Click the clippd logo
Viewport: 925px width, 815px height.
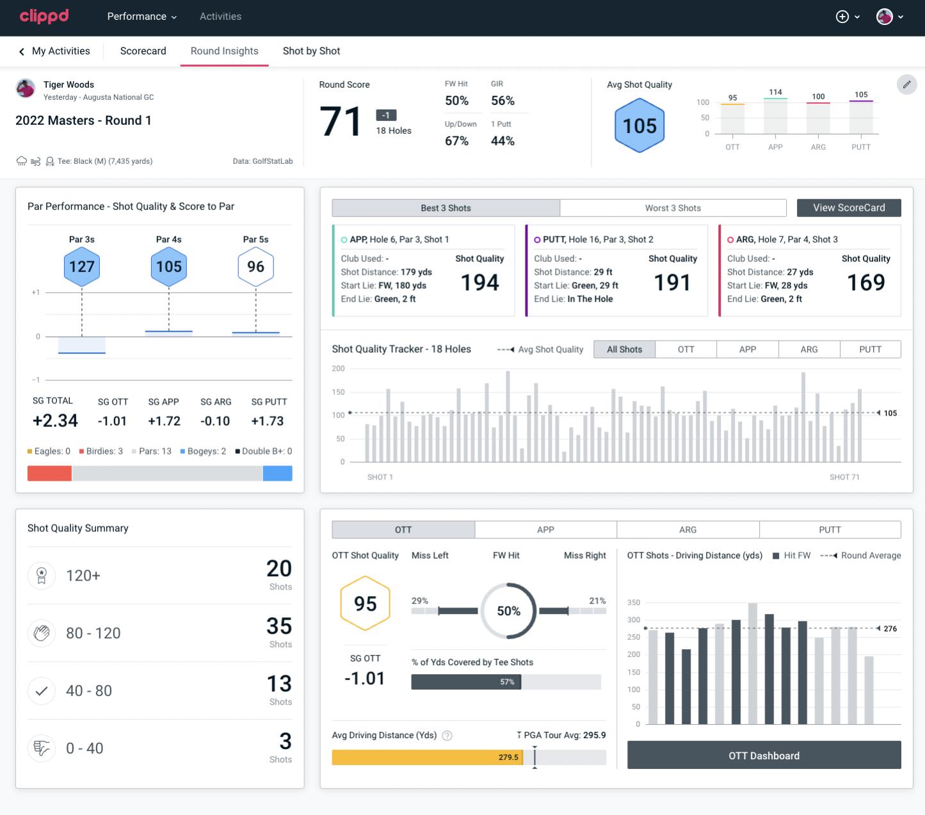pyautogui.click(x=44, y=16)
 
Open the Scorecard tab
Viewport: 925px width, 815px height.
pyautogui.click(x=143, y=51)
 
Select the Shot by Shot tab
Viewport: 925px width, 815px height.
pyautogui.click(x=311, y=51)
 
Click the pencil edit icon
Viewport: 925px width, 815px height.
pyautogui.click(x=906, y=85)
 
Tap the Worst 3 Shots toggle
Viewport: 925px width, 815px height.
pyautogui.click(x=672, y=208)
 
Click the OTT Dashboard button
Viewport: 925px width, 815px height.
pyautogui.click(x=764, y=755)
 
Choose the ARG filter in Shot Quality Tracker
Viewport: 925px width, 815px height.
pyautogui.click(x=808, y=350)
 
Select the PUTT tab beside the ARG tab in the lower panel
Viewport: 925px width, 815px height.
pyautogui.click(x=830, y=529)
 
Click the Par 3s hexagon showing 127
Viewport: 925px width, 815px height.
pyautogui.click(x=82, y=266)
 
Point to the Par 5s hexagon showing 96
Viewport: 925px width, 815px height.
pyautogui.click(x=255, y=266)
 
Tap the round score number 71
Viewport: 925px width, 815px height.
pyautogui.click(x=341, y=122)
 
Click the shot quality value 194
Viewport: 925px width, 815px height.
pyautogui.click(x=479, y=282)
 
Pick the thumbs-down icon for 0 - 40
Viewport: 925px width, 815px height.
pyautogui.click(x=42, y=748)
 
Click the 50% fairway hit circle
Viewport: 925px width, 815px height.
pyautogui.click(x=508, y=611)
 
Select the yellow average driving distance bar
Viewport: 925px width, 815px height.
pyautogui.click(x=426, y=757)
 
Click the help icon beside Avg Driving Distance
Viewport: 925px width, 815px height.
pyautogui.click(x=447, y=736)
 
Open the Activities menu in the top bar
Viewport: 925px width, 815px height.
pyautogui.click(x=220, y=17)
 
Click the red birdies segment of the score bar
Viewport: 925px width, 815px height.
pyautogui.click(x=49, y=473)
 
